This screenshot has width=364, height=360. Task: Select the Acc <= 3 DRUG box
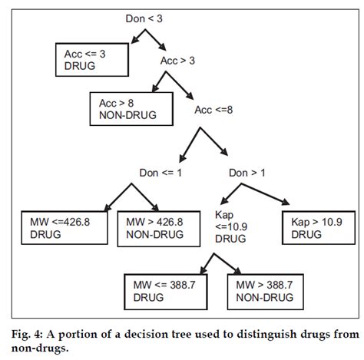click(89, 58)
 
